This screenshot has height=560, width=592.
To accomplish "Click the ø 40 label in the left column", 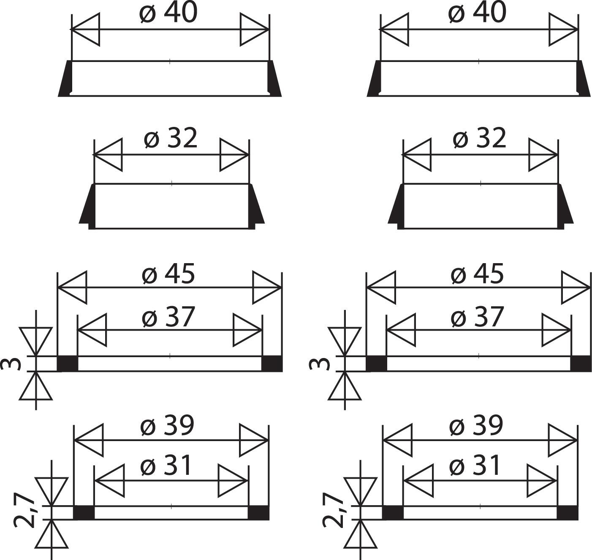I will [168, 13].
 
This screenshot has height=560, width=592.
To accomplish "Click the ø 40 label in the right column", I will [477, 13].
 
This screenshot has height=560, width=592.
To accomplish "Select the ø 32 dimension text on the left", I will [171, 138].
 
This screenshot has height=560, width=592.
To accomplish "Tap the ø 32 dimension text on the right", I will [480, 138].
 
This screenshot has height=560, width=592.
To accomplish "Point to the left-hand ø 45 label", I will [168, 274].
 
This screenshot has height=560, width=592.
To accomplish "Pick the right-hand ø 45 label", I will [477, 274].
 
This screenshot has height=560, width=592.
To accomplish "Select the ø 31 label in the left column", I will [166, 466].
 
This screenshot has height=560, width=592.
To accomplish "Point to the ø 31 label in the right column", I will [475, 466].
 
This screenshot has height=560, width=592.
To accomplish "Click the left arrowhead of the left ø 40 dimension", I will [86, 30].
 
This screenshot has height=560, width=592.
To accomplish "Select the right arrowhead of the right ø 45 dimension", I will [576, 288].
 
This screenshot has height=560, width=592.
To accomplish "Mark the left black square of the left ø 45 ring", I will [68, 363].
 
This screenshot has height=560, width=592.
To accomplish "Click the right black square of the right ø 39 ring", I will [567, 512].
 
